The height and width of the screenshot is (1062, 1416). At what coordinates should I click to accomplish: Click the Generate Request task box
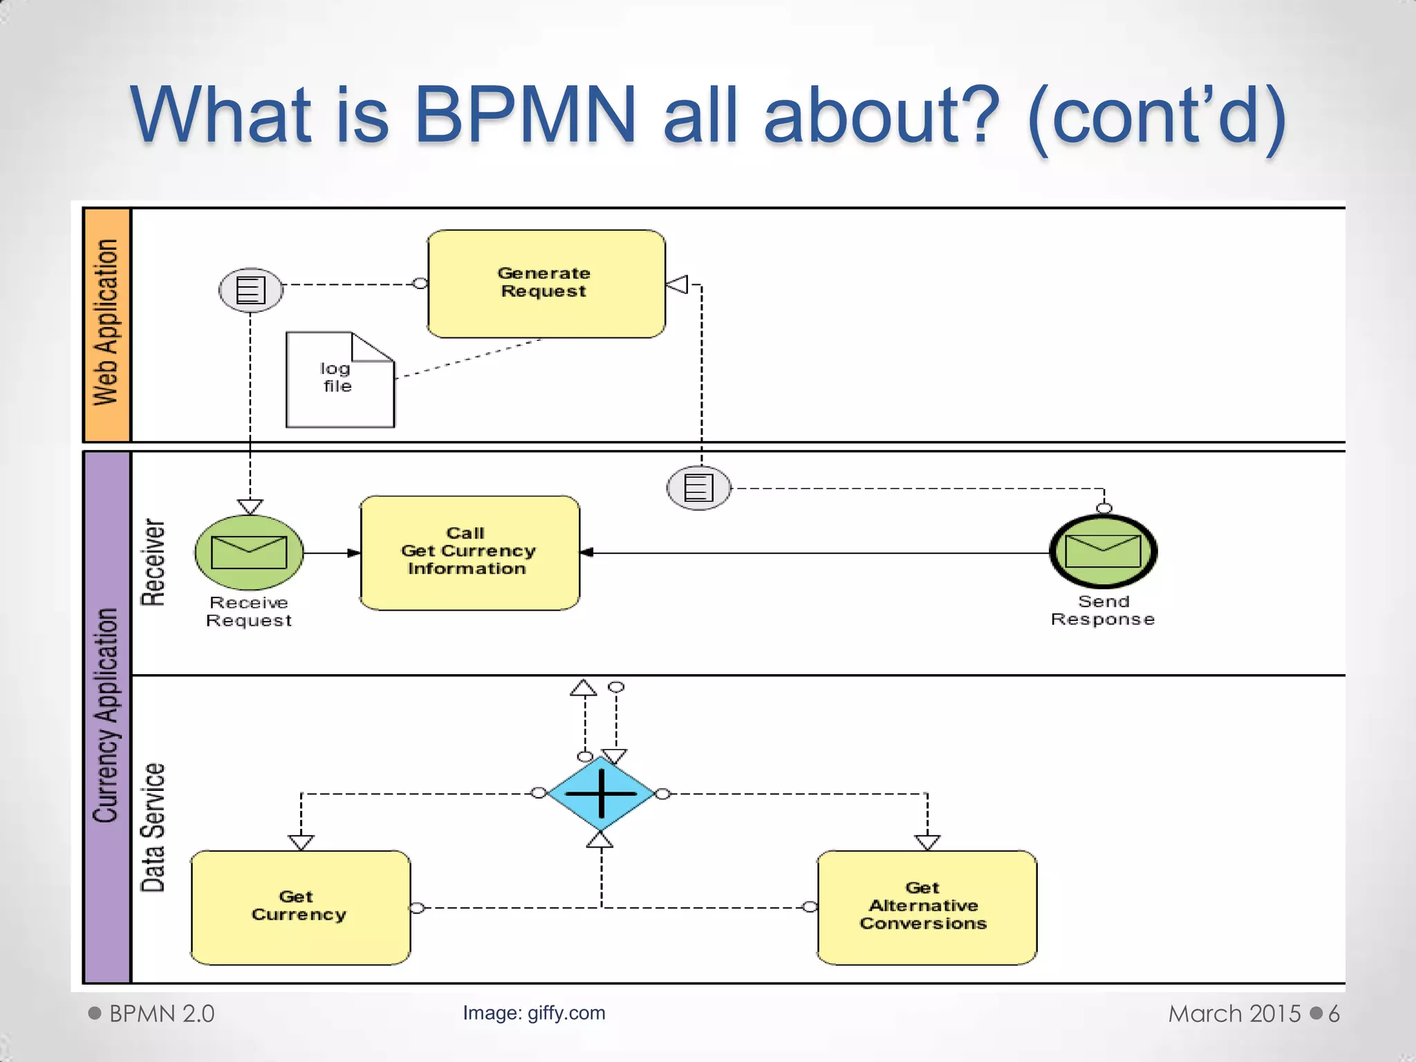[546, 283]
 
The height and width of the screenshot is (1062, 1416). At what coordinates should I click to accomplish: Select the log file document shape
[339, 380]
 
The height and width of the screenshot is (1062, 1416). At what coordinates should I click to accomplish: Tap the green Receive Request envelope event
[249, 552]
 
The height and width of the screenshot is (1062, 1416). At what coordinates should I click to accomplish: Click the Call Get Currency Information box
[469, 552]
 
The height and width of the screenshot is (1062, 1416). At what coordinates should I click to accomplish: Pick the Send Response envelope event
[1103, 552]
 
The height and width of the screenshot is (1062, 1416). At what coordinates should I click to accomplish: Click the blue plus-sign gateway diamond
[601, 793]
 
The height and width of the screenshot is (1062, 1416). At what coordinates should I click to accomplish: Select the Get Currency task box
[300, 907]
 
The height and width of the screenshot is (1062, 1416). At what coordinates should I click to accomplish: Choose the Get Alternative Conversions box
[926, 907]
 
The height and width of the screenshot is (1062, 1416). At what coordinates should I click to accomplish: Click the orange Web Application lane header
[106, 324]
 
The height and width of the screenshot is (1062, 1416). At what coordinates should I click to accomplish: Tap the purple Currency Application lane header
[106, 716]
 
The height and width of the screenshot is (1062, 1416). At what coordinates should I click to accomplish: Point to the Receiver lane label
[153, 562]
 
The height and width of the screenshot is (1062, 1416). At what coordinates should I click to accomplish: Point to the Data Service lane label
[153, 828]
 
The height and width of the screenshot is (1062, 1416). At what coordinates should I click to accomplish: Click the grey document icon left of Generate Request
[251, 290]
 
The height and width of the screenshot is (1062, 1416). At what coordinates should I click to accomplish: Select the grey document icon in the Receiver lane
[698, 488]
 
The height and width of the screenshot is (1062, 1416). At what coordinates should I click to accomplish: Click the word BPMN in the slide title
[524, 114]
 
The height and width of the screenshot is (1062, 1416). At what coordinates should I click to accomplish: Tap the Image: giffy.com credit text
[534, 1013]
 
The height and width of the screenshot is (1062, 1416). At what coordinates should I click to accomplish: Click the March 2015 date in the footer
[1234, 1014]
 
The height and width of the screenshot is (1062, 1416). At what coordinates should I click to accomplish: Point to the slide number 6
[1334, 1014]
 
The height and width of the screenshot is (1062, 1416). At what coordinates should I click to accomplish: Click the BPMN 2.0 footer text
[161, 1014]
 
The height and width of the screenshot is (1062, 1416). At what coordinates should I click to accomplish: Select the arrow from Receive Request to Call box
[332, 552]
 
